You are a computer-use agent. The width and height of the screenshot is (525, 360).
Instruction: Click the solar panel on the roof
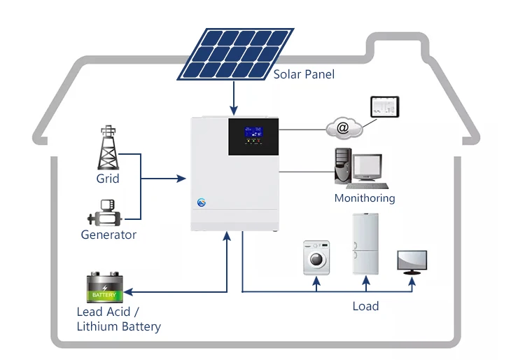point(235,55)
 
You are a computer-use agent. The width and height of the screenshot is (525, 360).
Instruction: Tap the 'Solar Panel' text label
point(304,74)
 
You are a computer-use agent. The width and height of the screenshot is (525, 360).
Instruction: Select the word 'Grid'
point(108,179)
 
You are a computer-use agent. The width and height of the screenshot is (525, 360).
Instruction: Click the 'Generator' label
point(108,235)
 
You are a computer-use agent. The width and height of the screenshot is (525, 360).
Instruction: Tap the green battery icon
point(105,288)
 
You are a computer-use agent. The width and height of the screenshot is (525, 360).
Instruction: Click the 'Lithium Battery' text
point(118,326)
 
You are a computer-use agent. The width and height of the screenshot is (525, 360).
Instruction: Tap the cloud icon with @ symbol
point(343,128)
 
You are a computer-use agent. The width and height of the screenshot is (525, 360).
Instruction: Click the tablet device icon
point(384,106)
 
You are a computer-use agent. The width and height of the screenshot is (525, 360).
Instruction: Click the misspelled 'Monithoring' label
point(364,198)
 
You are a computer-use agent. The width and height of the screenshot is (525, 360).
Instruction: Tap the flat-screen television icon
point(412,261)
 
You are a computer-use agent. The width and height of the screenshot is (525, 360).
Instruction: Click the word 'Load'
point(365,306)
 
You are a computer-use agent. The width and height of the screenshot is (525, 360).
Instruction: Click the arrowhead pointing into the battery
point(131,291)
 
